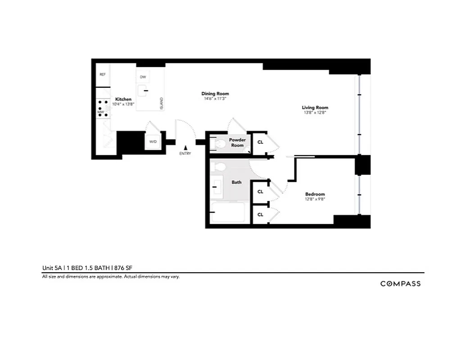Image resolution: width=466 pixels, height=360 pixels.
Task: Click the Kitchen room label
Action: [x=123, y=99]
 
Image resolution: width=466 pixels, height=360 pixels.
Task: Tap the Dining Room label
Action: [x=215, y=94]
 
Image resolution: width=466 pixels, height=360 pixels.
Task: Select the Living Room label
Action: [x=315, y=108]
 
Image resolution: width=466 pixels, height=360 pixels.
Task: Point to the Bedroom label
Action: [x=315, y=194]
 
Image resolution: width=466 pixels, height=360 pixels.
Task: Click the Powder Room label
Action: [x=237, y=143]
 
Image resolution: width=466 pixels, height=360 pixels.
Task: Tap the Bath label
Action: [x=236, y=182]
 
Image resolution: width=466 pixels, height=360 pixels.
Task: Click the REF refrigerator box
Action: [x=103, y=74]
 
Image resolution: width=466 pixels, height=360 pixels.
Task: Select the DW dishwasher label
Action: [x=143, y=77]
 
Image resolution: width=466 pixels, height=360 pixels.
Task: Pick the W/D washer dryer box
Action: [x=153, y=142]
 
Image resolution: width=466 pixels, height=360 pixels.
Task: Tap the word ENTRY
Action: [x=185, y=153]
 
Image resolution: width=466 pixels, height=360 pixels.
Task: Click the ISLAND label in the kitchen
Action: [x=161, y=104]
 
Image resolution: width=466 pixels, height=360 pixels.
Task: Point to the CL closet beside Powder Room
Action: [x=260, y=142]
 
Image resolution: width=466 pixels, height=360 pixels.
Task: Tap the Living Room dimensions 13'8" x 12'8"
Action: [x=315, y=113]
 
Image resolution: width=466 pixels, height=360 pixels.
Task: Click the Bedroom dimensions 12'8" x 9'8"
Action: [x=315, y=199]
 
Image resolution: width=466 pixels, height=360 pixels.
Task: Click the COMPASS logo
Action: [x=400, y=283]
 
